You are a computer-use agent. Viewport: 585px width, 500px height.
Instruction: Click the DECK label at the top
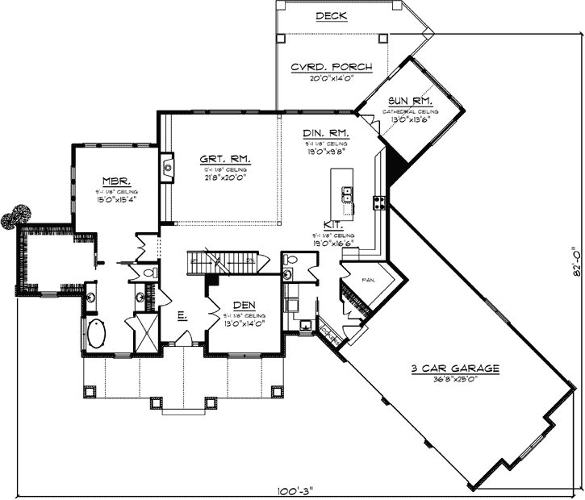(331, 15)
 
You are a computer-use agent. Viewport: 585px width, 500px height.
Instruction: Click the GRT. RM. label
(225, 159)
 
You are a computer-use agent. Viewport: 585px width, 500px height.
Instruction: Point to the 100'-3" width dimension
(293, 489)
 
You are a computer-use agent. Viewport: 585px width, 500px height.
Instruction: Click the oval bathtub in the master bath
(95, 333)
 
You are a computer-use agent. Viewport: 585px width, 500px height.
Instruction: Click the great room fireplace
(167, 168)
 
